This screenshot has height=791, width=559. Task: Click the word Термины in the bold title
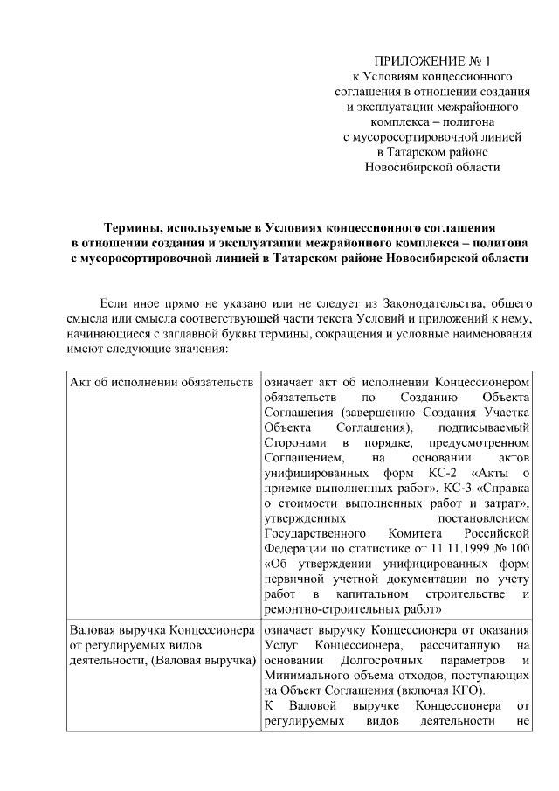[x=135, y=226]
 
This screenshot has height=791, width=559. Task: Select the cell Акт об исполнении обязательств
[x=162, y=382]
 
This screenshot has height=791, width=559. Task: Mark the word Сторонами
[x=291, y=442]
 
